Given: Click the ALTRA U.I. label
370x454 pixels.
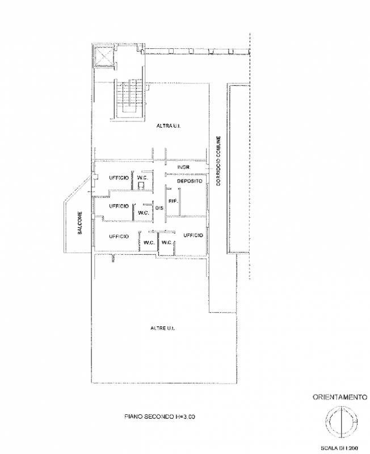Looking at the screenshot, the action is tap(169, 126).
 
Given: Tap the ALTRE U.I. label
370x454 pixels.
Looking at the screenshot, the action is tap(163, 329).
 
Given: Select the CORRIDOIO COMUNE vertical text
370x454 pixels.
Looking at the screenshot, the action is tap(218, 161).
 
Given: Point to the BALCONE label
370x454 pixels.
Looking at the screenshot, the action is tap(80, 223).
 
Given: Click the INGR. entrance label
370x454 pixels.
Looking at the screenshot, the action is tap(183, 167).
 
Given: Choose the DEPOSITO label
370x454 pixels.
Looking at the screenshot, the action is tap(190, 181).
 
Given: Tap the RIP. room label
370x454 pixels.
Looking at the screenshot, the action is tap(173, 201).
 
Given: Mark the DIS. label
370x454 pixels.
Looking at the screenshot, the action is tap(159, 208).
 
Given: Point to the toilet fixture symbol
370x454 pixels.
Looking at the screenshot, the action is tap(141, 186).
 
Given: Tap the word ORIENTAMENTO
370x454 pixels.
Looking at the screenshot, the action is tap(339, 397).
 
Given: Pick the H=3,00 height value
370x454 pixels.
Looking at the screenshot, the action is tap(184, 417).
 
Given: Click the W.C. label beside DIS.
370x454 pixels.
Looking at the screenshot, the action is tap(144, 213).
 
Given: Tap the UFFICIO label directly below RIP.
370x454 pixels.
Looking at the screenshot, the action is tap(193, 236).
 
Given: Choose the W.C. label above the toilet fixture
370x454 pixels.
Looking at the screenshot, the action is tap(142, 178).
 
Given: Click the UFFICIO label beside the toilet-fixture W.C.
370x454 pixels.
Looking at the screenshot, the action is tap(119, 178).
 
